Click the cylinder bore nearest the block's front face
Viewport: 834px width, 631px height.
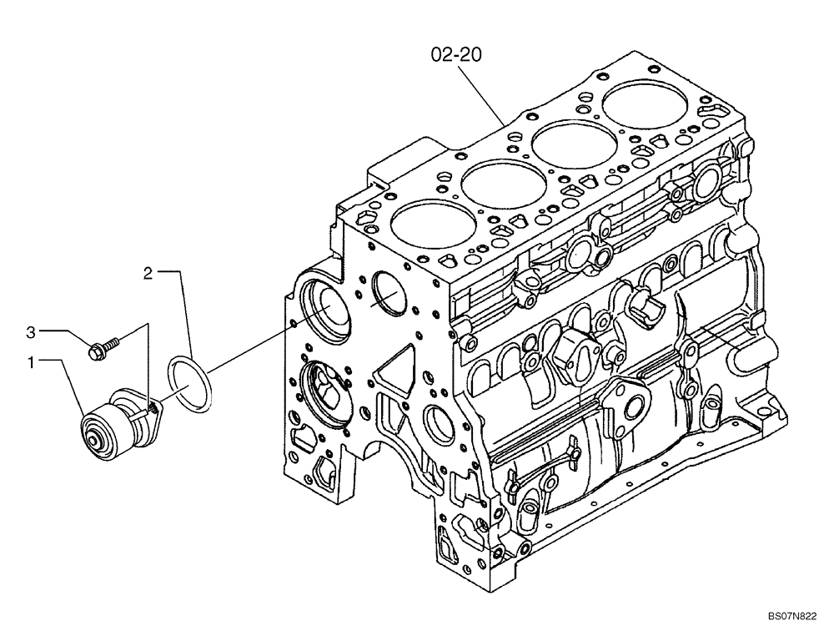(x=422, y=229)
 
